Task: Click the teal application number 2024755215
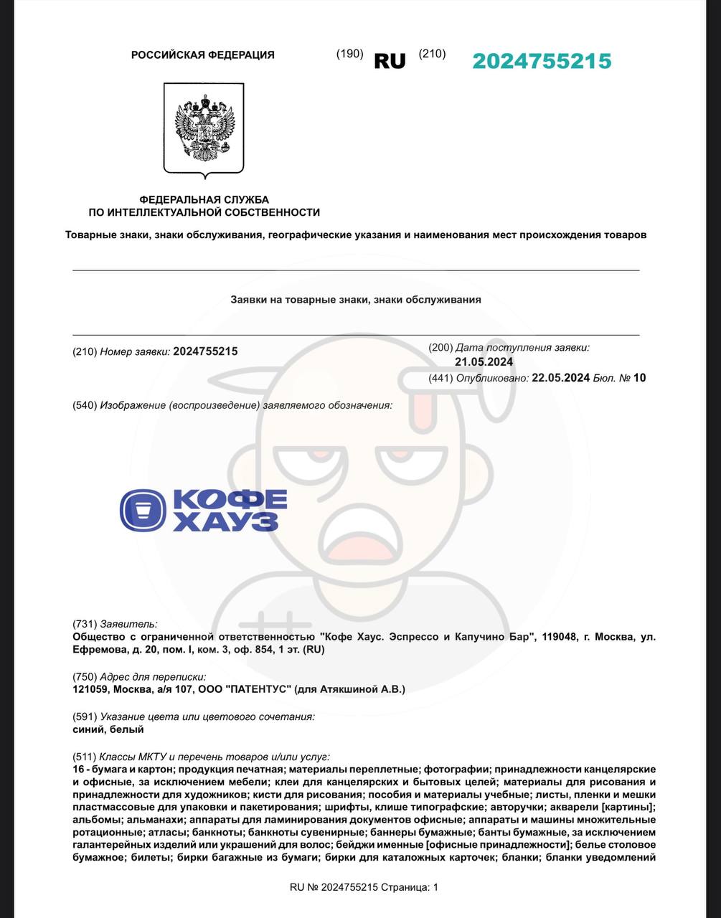click(542, 62)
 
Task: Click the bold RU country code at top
click(390, 62)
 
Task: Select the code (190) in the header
click(349, 54)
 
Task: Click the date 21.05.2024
click(484, 362)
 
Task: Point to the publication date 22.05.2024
click(560, 378)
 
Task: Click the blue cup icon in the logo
click(143, 510)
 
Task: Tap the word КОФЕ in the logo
click(230, 499)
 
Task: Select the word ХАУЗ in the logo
click(225, 521)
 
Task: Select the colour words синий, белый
click(108, 729)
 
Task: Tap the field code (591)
click(85, 716)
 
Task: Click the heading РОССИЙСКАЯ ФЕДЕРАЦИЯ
click(202, 55)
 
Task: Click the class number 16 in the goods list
click(79, 770)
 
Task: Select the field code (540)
click(85, 405)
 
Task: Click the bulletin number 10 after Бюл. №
click(639, 378)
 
